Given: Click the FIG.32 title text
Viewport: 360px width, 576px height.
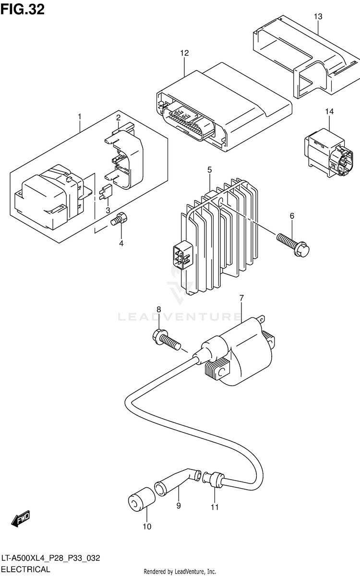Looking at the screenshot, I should pyautogui.click(x=23, y=9).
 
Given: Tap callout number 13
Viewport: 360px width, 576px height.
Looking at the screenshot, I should pyautogui.click(x=318, y=16).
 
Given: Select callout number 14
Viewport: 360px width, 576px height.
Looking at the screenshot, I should pyautogui.click(x=328, y=112).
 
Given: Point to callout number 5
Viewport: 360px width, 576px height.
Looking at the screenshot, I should pyautogui.click(x=210, y=170).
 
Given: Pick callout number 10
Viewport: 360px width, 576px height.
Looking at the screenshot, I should pyautogui.click(x=147, y=527).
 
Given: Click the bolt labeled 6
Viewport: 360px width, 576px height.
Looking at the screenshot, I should pyautogui.click(x=293, y=243).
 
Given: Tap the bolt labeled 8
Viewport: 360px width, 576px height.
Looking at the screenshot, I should pyautogui.click(x=166, y=339).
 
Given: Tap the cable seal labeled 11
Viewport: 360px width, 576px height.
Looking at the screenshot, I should pyautogui.click(x=216, y=478).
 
